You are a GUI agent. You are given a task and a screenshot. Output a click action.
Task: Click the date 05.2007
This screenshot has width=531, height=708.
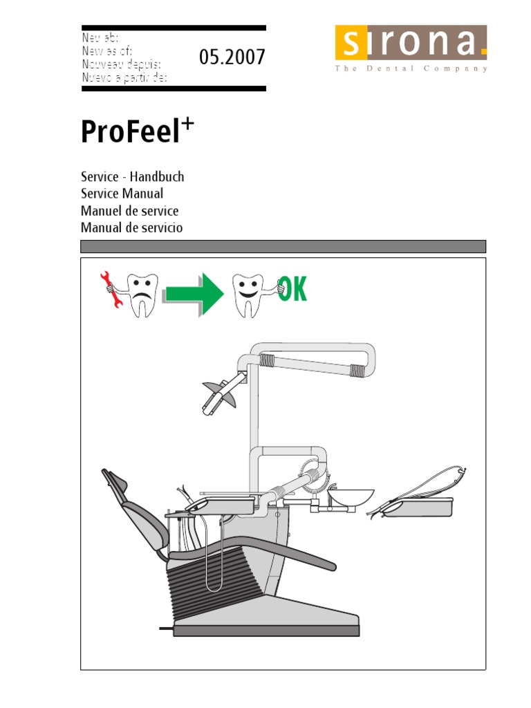[232, 57]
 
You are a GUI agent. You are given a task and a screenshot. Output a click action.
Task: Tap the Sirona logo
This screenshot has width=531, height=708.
[411, 48]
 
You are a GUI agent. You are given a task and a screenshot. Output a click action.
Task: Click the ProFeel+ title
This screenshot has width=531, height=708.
[138, 131]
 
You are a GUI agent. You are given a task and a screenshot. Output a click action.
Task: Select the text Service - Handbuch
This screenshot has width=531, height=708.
[132, 176]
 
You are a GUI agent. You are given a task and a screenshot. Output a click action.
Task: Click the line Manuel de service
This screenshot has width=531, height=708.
[129, 211]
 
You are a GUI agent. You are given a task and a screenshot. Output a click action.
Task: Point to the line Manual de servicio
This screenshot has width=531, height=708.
[132, 227]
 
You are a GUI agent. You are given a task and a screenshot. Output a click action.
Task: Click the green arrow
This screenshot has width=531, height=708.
[194, 294]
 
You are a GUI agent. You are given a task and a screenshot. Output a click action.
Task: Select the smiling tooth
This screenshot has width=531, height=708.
[248, 295]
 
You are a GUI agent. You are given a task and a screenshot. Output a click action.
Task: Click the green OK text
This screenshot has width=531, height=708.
[292, 289]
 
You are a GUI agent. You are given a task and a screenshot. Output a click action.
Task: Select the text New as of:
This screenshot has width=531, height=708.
[107, 51]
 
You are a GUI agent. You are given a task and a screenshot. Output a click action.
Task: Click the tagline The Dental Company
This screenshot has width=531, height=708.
[411, 68]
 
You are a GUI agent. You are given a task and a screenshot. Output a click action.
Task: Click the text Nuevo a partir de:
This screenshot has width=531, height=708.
[124, 77]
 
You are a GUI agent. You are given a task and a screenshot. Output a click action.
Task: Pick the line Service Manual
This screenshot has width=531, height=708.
[122, 194]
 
